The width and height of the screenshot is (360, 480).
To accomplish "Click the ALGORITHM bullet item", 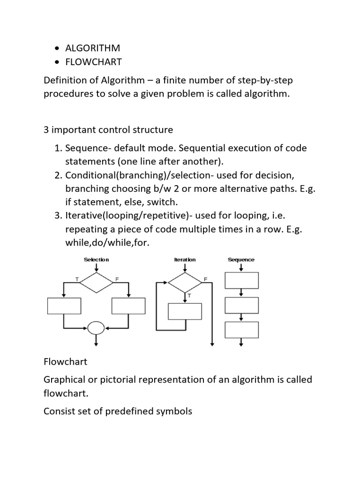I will pos(93,48).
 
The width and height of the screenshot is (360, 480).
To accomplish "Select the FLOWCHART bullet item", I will pos(93,62).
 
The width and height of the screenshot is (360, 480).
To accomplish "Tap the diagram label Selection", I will pos(96,259).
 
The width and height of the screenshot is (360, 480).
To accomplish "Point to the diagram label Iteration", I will pos(185,259).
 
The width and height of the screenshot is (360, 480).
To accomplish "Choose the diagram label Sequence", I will pos(241,259).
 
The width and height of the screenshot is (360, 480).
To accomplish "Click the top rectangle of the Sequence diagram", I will pos(241,280).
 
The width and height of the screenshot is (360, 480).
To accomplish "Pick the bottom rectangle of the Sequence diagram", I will pos(241,330).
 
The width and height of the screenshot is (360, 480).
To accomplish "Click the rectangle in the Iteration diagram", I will pos(185,311).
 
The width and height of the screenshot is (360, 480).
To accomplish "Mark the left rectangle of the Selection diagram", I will pos(64,306).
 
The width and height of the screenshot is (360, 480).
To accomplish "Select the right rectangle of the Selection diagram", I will pos(128,306).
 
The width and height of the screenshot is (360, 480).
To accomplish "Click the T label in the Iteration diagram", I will pos(189,296).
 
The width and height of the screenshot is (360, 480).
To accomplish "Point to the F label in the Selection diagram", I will pos(117,279).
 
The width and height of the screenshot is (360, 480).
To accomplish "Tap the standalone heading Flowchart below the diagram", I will pos(66,362).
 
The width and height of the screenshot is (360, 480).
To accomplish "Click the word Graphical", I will pos(65,379).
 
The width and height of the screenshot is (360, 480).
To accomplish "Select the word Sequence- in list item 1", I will pos(88,148).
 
